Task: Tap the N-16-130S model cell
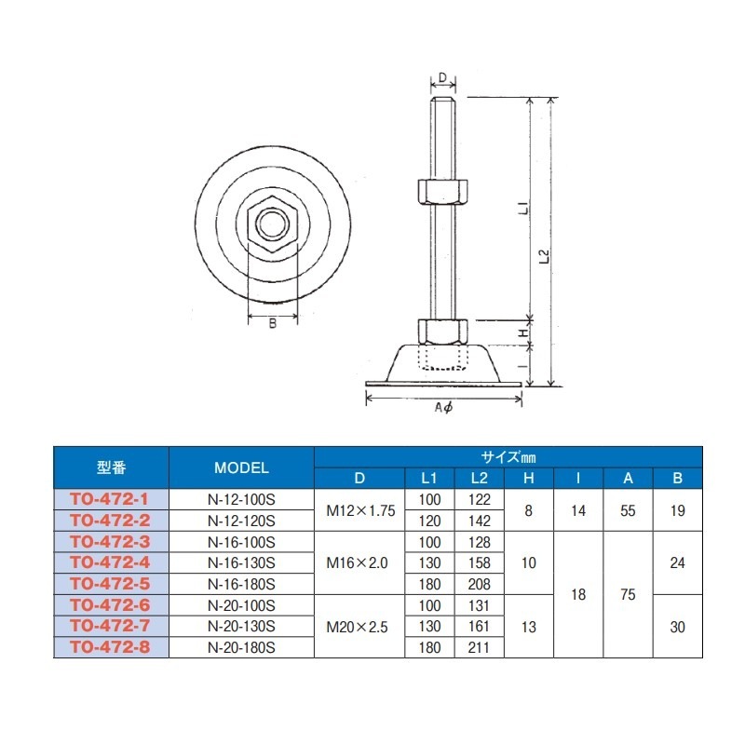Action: (241, 562)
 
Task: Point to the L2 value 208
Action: (480, 584)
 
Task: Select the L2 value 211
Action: (480, 646)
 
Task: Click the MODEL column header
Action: (241, 467)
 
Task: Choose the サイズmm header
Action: (508, 457)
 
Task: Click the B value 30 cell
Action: (677, 626)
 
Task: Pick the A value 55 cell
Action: (628, 509)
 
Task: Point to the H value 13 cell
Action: (529, 626)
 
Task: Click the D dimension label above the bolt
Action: (442, 76)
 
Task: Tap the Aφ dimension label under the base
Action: (444, 407)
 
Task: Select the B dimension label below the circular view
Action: (273, 324)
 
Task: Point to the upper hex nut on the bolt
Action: (442, 192)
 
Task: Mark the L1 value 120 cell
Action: (429, 520)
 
